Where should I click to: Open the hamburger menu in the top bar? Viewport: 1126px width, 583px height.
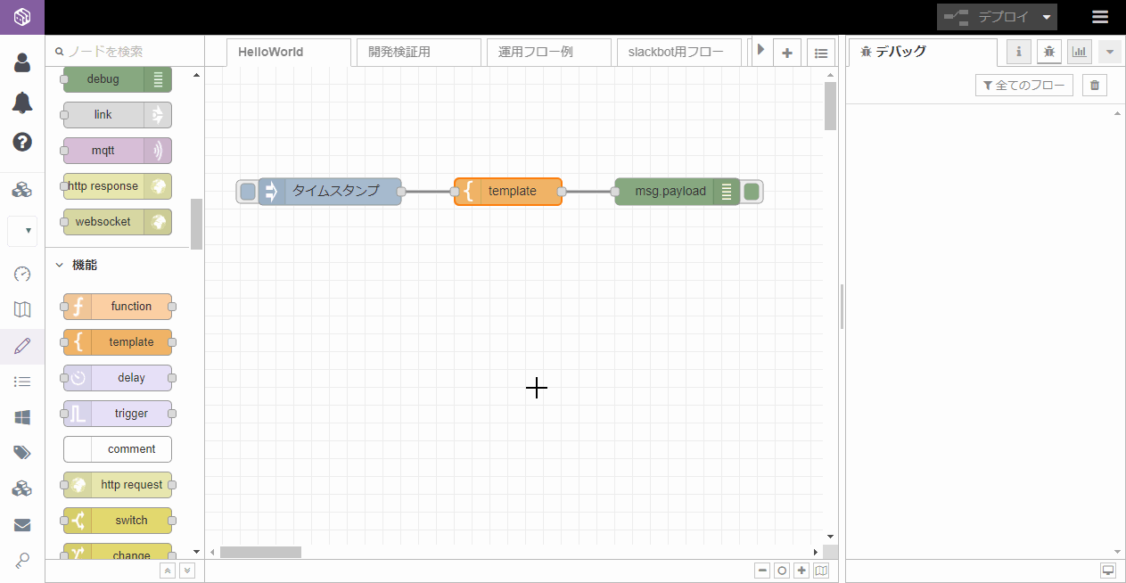[x=1100, y=17]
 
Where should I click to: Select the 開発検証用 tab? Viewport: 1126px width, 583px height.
[x=418, y=53]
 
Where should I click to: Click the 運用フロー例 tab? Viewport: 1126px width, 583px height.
[x=548, y=53]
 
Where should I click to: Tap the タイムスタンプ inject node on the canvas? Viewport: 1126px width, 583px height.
[x=330, y=192]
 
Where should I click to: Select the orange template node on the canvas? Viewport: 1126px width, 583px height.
[x=507, y=192]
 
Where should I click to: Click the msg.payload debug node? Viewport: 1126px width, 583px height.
[x=677, y=192]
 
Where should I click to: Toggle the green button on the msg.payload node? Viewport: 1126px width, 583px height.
[x=752, y=192]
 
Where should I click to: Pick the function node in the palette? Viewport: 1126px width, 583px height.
[x=118, y=307]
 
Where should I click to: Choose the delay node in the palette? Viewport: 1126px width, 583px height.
[x=118, y=378]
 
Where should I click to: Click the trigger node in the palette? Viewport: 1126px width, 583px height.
[x=118, y=414]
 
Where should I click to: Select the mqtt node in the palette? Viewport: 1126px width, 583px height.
[x=118, y=151]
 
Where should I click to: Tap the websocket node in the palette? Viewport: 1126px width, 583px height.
[x=118, y=222]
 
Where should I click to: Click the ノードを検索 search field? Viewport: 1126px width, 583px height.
[x=126, y=52]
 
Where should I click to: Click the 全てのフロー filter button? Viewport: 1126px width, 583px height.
[x=1024, y=86]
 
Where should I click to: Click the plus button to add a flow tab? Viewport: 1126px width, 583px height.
[x=787, y=53]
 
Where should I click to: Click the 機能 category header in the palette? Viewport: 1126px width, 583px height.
[x=85, y=265]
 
